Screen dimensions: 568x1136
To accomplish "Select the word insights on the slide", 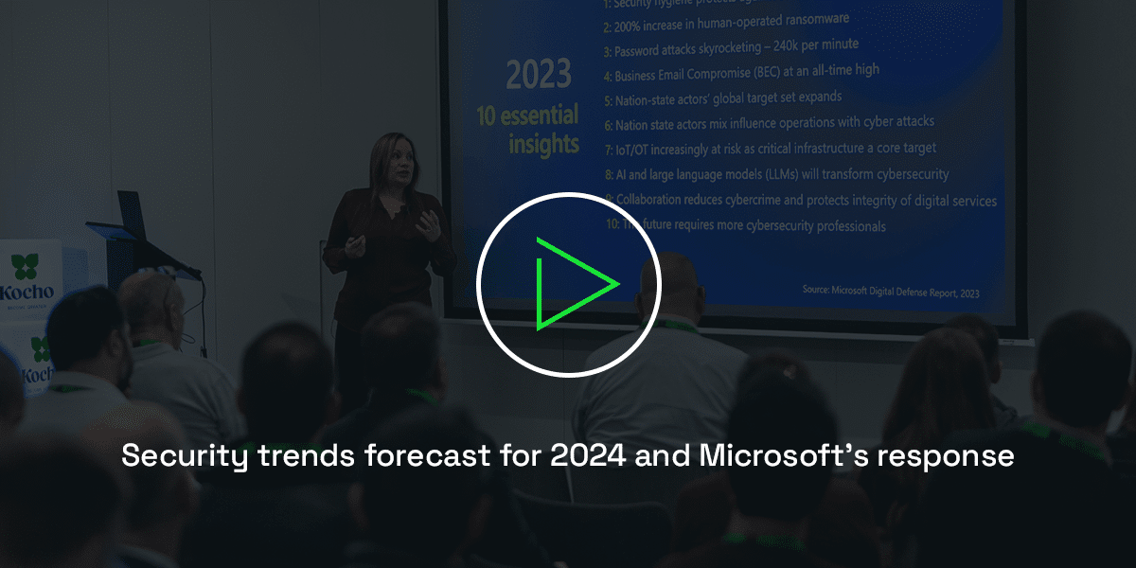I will [543, 144].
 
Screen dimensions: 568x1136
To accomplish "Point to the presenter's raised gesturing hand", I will [431, 223].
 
